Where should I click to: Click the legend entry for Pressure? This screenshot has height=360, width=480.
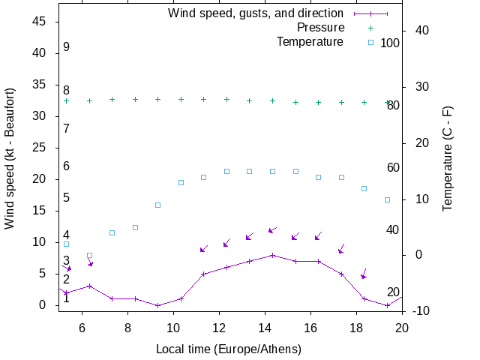pyautogui.click(x=320, y=28)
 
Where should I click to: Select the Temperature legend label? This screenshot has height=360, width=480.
pyautogui.click(x=310, y=41)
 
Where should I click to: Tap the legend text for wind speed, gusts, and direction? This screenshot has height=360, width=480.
pyautogui.click(x=256, y=13)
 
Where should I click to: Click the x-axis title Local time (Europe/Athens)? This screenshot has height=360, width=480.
pyautogui.click(x=229, y=349)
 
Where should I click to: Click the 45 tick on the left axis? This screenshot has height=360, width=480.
pyautogui.click(x=40, y=22)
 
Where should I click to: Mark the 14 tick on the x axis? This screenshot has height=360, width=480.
pyautogui.click(x=265, y=326)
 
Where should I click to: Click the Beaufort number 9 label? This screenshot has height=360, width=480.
pyautogui.click(x=67, y=47)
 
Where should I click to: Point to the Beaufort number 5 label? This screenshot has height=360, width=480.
pyautogui.click(x=67, y=198)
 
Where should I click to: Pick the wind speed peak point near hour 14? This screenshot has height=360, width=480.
pyautogui.click(x=273, y=255)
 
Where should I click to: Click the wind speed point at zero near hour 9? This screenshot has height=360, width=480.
pyautogui.click(x=158, y=305)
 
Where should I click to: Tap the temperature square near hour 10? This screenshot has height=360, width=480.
pyautogui.click(x=181, y=182)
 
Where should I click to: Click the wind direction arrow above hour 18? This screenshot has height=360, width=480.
pyautogui.click(x=364, y=274)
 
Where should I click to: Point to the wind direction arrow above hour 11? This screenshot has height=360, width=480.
pyautogui.click(x=204, y=247)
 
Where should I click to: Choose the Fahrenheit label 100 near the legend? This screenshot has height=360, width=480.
pyautogui.click(x=390, y=43)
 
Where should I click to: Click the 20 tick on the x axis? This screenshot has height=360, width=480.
pyautogui.click(x=402, y=326)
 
